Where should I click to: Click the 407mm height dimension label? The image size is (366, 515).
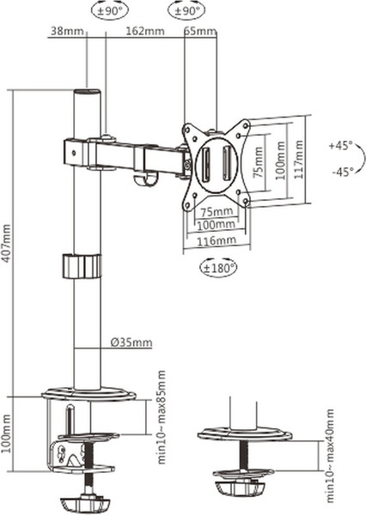[7, 243]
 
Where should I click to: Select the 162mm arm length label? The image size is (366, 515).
[145, 31]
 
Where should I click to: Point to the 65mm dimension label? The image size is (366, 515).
[200, 31]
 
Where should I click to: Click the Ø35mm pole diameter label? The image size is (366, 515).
[131, 342]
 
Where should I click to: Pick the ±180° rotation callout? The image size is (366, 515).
[218, 268]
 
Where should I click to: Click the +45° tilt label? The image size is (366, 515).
[340, 145]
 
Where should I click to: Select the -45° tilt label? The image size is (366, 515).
[342, 172]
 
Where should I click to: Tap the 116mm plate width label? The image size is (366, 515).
[217, 240]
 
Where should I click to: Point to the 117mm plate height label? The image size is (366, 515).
[299, 160]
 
